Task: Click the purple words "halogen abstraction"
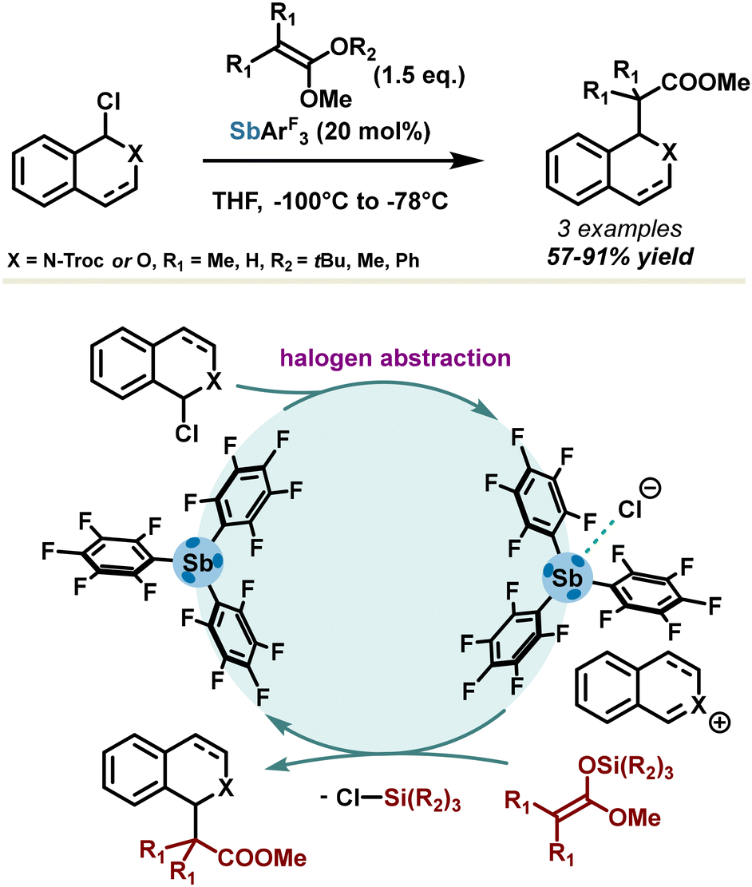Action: pos(395,358)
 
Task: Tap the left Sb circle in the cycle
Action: pos(197,562)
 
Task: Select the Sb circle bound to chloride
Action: pos(567,578)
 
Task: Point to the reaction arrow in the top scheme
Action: pos(343,160)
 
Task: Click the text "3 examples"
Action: pos(619,229)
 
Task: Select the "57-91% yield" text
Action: pos(619,257)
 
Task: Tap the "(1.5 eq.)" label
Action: pos(419,76)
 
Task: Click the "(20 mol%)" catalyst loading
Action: pos(374,132)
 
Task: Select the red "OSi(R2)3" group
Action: pos(625,770)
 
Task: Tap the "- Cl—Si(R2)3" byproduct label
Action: pos(390,798)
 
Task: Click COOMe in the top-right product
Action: pos(705,83)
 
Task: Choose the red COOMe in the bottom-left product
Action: pos(262,857)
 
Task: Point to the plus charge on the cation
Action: pos(720,723)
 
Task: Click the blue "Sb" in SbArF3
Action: pos(244,131)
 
